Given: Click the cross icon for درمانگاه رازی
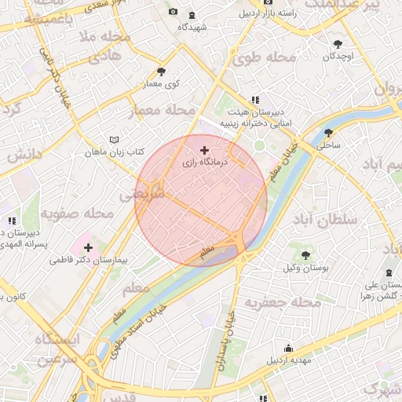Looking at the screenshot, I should tap(205, 149).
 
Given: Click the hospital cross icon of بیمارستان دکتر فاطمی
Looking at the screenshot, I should tap(88, 247).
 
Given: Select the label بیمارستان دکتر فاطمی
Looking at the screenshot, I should tap(88, 259).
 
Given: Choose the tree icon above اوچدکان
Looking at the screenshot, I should tap(338, 45).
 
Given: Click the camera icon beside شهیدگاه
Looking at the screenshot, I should tap(173, 12).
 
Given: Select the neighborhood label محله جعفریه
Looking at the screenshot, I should tap(283, 301).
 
